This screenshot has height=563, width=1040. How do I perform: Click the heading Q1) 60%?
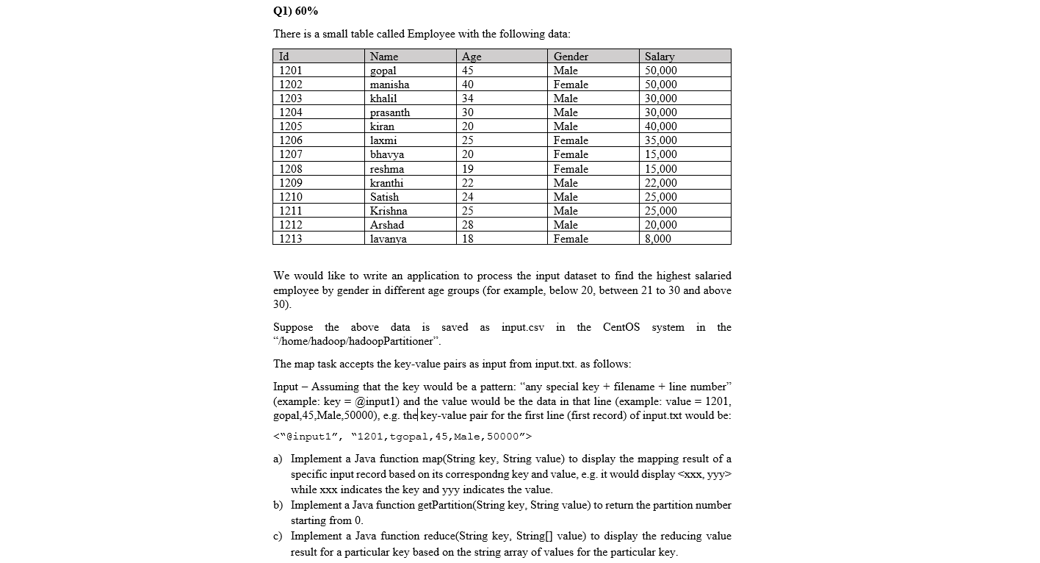pos(295,11)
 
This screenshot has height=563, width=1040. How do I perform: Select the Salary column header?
pos(659,57)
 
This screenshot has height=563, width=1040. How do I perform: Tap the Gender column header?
pos(571,57)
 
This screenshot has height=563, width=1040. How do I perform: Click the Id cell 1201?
pos(291,71)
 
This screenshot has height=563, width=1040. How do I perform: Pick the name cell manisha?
pos(389,85)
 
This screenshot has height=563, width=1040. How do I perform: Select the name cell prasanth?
pos(390,112)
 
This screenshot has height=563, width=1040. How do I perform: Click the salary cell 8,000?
pos(657,239)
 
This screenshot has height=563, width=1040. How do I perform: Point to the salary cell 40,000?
pos(660,126)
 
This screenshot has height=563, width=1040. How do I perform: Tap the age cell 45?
pos(468,71)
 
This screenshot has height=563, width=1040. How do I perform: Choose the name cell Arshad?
pos(387,225)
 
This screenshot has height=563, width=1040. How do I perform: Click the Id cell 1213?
pos(291,239)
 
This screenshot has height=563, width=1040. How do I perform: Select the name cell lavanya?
pos(388,239)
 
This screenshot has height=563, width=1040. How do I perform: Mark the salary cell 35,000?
pos(660,140)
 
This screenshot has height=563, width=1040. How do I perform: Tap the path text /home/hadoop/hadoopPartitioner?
pos(357,342)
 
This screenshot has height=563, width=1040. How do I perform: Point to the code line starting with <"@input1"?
pos(402,437)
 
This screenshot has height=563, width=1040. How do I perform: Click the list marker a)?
pos(278,459)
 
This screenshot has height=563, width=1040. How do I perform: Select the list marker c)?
pos(278,536)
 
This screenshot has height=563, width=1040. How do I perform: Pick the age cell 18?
pos(468,239)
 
